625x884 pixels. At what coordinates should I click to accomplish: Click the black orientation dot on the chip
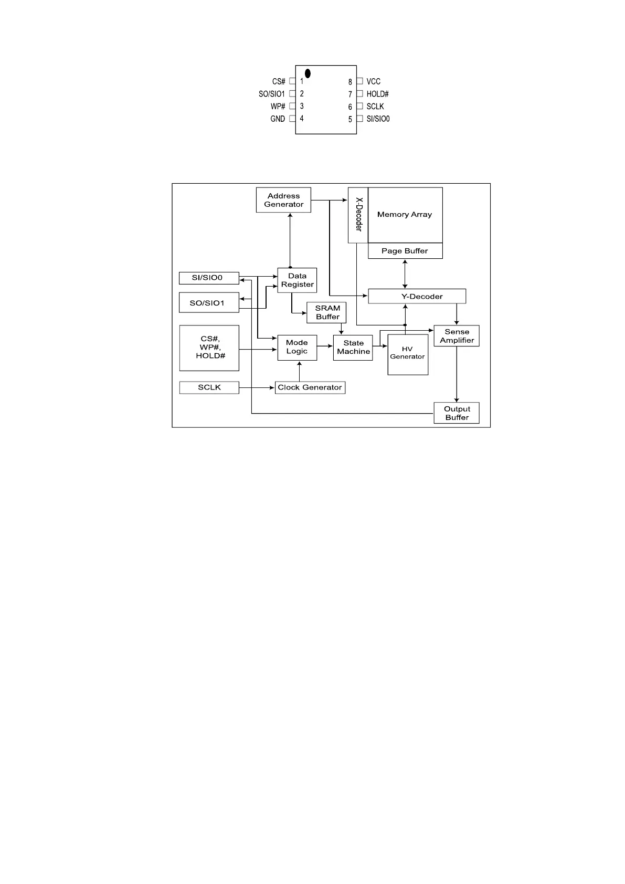click(308, 73)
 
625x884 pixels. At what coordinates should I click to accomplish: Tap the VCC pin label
click(373, 81)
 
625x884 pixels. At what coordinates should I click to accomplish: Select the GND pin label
click(278, 119)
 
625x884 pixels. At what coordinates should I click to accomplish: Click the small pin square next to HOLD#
click(359, 93)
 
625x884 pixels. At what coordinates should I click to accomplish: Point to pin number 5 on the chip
click(350, 119)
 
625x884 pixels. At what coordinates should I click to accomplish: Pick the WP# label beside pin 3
click(278, 106)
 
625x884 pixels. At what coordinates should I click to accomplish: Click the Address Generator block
click(283, 200)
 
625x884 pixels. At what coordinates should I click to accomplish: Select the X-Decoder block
click(358, 215)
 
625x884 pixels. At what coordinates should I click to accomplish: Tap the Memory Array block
click(405, 215)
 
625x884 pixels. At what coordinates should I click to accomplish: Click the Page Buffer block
click(405, 251)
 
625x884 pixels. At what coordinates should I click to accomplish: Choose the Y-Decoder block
click(417, 296)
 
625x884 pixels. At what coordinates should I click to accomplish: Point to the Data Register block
click(297, 280)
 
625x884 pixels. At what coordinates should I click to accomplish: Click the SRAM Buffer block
click(327, 312)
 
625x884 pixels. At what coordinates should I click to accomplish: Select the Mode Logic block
click(297, 347)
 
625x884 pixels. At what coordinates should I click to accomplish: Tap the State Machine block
click(353, 348)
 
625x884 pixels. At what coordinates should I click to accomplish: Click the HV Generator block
click(408, 354)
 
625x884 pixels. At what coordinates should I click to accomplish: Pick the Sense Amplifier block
click(457, 336)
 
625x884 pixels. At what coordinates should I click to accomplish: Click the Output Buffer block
click(457, 413)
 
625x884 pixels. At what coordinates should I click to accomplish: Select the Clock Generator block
click(310, 387)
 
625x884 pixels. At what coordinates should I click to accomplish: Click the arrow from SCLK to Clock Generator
click(257, 387)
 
